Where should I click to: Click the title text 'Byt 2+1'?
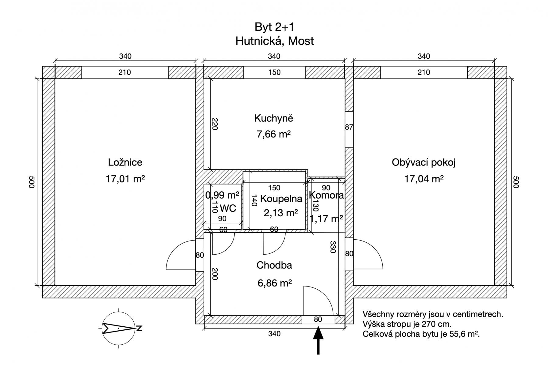pyautogui.click(x=275, y=27)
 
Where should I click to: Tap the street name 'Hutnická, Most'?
pyautogui.click(x=275, y=41)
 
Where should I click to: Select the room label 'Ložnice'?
pyautogui.click(x=125, y=162)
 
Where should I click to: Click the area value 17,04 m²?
pyautogui.click(x=423, y=179)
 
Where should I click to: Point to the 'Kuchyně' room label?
pyautogui.click(x=274, y=118)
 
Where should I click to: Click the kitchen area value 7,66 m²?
pyautogui.click(x=274, y=134)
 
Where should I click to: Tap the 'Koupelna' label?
pyautogui.click(x=281, y=199)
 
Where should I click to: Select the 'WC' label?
pyautogui.click(x=228, y=208)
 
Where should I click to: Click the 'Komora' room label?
pyautogui.click(x=326, y=195)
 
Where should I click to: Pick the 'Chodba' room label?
pyautogui.click(x=274, y=265)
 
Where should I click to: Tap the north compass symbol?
pyautogui.click(x=119, y=328)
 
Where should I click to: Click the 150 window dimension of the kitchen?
pyautogui.click(x=274, y=72)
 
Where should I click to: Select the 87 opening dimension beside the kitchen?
pyautogui.click(x=349, y=127)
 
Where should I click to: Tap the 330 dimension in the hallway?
pyautogui.click(x=333, y=247)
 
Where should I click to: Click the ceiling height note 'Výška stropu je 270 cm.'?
pyautogui.click(x=407, y=324)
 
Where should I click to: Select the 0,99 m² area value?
pyautogui.click(x=222, y=195)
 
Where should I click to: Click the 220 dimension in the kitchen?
pyautogui.click(x=215, y=124)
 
